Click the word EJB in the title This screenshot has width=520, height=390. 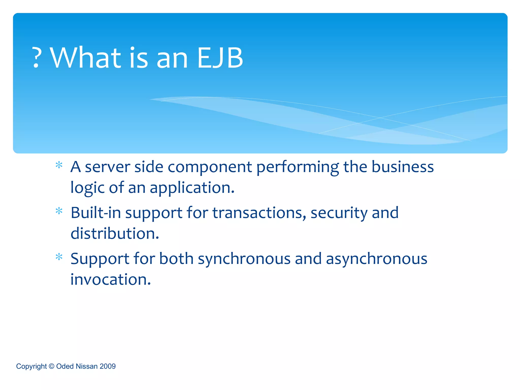pos(220,58)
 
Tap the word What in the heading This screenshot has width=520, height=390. pos(86,58)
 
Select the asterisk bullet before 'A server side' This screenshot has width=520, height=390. pos(59,166)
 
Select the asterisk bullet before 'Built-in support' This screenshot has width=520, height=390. pos(59,211)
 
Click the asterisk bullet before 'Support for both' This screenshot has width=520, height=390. pos(59,257)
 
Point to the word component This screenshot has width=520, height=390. pos(210,168)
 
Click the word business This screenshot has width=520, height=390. pos(402,167)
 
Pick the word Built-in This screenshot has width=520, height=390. pos(96,213)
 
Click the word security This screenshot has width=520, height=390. pos(339,213)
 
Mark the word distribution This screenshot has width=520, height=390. pos(115,234)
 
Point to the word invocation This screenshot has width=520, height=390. pos(110,280)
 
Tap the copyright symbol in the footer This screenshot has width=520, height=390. pos(52,366)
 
